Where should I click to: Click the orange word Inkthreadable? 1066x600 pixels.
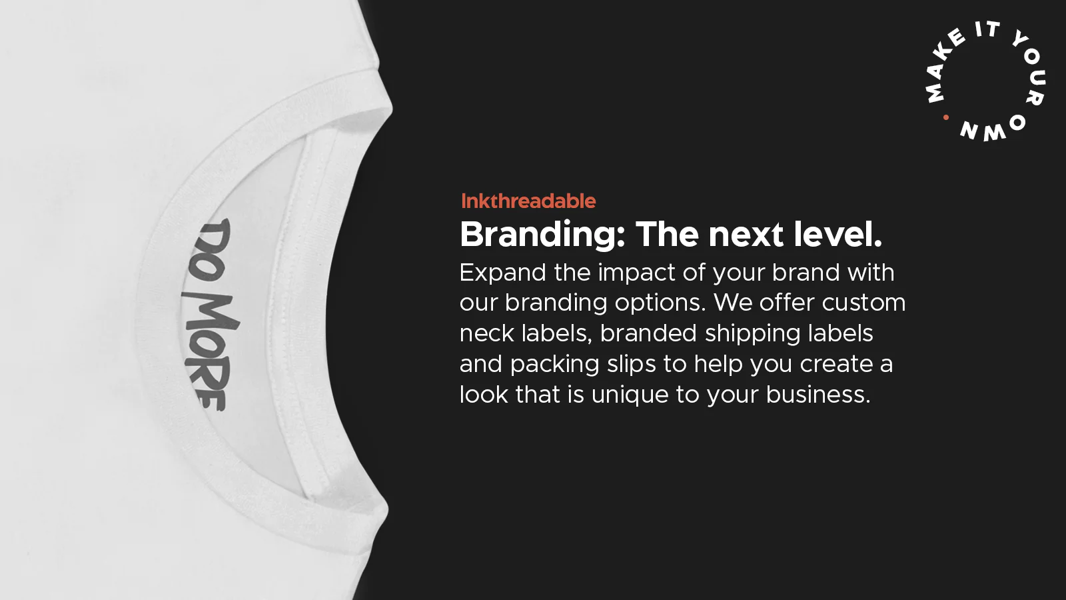click(528, 201)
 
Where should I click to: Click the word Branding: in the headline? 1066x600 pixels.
click(542, 235)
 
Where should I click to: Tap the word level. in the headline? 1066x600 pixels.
click(838, 234)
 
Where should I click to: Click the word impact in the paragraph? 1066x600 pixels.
click(637, 273)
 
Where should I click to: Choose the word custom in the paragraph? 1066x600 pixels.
click(863, 303)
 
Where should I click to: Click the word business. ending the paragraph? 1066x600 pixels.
click(818, 395)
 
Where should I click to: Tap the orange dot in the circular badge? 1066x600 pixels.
click(946, 117)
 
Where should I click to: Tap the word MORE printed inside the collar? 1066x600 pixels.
click(209, 350)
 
